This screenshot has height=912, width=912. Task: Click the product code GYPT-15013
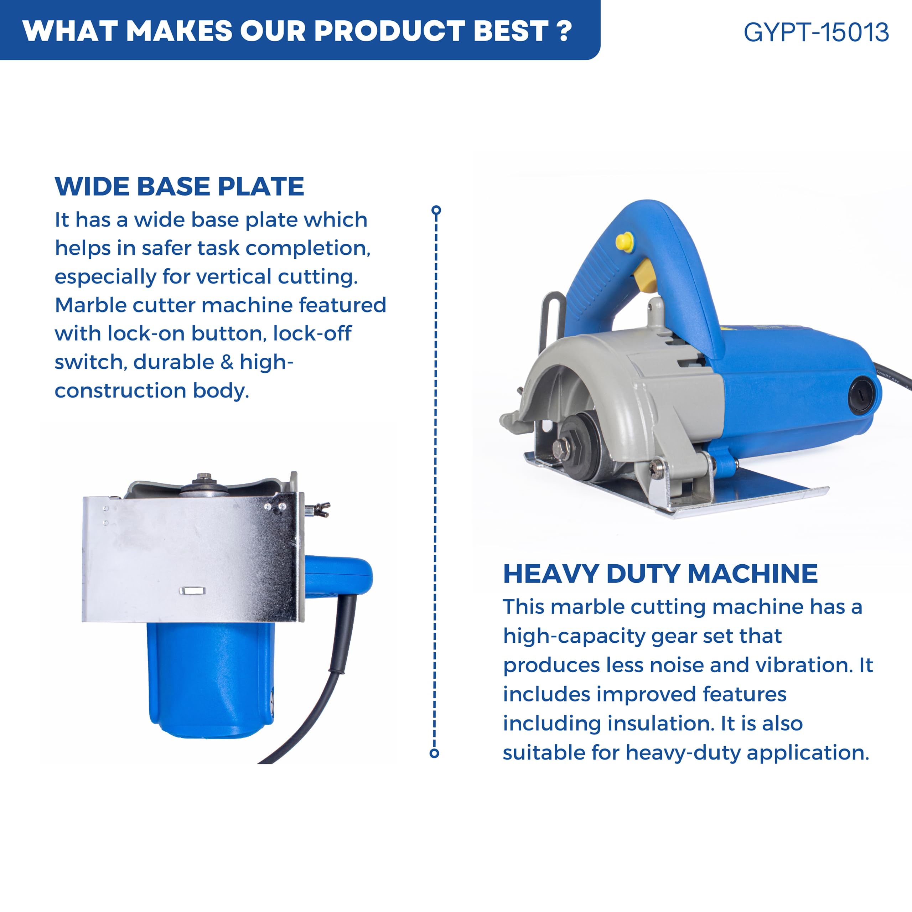tap(816, 32)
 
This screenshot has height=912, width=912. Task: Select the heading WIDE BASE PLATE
tap(180, 186)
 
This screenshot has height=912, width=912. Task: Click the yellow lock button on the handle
tap(624, 241)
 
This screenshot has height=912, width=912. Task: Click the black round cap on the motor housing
tap(861, 395)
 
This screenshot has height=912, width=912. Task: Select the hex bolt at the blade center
tap(562, 446)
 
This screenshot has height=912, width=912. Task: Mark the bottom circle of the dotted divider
tap(434, 753)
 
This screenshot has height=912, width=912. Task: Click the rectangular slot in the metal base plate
tap(192, 591)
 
